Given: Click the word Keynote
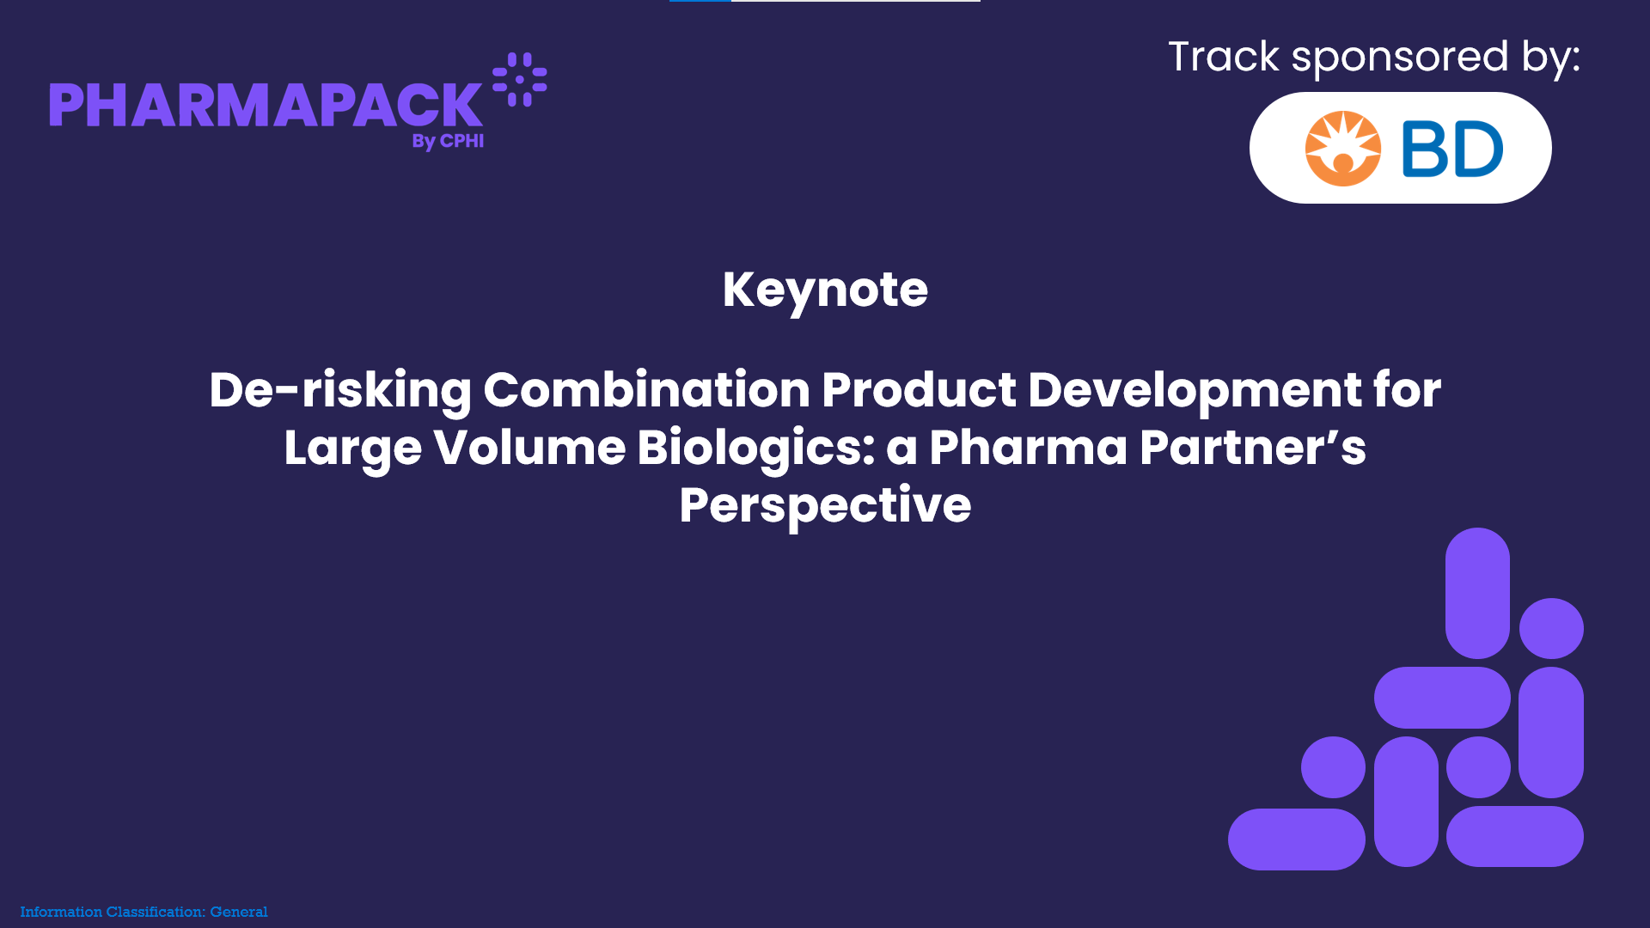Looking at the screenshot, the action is click(x=825, y=290).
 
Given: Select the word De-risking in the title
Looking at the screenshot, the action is click(x=340, y=391).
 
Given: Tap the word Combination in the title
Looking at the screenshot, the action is click(x=646, y=390).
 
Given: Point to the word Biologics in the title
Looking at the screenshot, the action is click(x=755, y=449).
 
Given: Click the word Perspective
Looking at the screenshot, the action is click(x=825, y=506).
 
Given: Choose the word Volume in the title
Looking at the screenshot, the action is click(x=529, y=448).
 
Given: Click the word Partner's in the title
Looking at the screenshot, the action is click(x=1252, y=448).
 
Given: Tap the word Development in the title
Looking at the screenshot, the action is click(x=1195, y=391).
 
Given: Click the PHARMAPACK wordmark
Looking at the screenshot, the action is click(x=266, y=105).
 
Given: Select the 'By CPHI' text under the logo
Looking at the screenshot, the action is click(x=448, y=141).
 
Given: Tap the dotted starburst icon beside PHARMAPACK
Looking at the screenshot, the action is click(x=519, y=79).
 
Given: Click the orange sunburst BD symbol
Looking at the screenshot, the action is click(x=1342, y=149).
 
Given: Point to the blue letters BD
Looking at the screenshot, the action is click(x=1452, y=149).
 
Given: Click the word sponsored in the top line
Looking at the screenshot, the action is click(x=1400, y=58).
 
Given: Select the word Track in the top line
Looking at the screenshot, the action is click(x=1224, y=57).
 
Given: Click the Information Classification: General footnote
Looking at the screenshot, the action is click(x=144, y=912).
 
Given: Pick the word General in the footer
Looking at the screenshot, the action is click(x=239, y=912).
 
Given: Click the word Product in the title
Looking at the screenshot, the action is click(x=920, y=390).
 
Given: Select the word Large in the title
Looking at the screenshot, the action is click(x=353, y=449).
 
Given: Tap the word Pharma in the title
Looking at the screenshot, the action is click(x=1029, y=448).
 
